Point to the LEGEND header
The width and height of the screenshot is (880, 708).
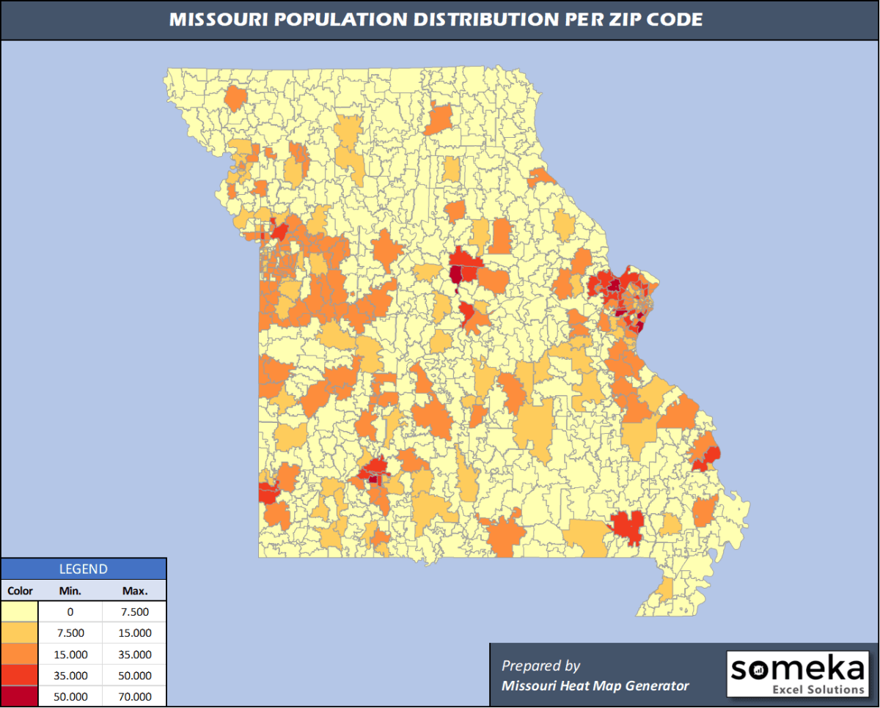pos(83,569)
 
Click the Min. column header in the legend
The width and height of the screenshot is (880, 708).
pos(70,590)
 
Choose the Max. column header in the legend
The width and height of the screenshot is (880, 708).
pos(135,590)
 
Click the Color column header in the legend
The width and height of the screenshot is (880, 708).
pos(20,590)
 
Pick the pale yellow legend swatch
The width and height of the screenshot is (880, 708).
pos(20,612)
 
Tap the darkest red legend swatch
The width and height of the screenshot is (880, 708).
pos(20,696)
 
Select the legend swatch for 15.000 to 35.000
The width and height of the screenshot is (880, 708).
pos(20,654)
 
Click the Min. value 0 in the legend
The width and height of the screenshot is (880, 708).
pos(70,612)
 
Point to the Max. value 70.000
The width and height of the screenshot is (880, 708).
pos(135,696)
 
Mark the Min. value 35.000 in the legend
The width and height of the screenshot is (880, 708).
pos(70,676)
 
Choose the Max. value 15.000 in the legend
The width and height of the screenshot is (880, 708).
pos(135,633)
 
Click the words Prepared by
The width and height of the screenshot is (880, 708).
pos(540,665)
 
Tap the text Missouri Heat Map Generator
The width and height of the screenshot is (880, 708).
pos(595,686)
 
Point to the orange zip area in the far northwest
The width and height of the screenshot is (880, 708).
pos(235,98)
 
